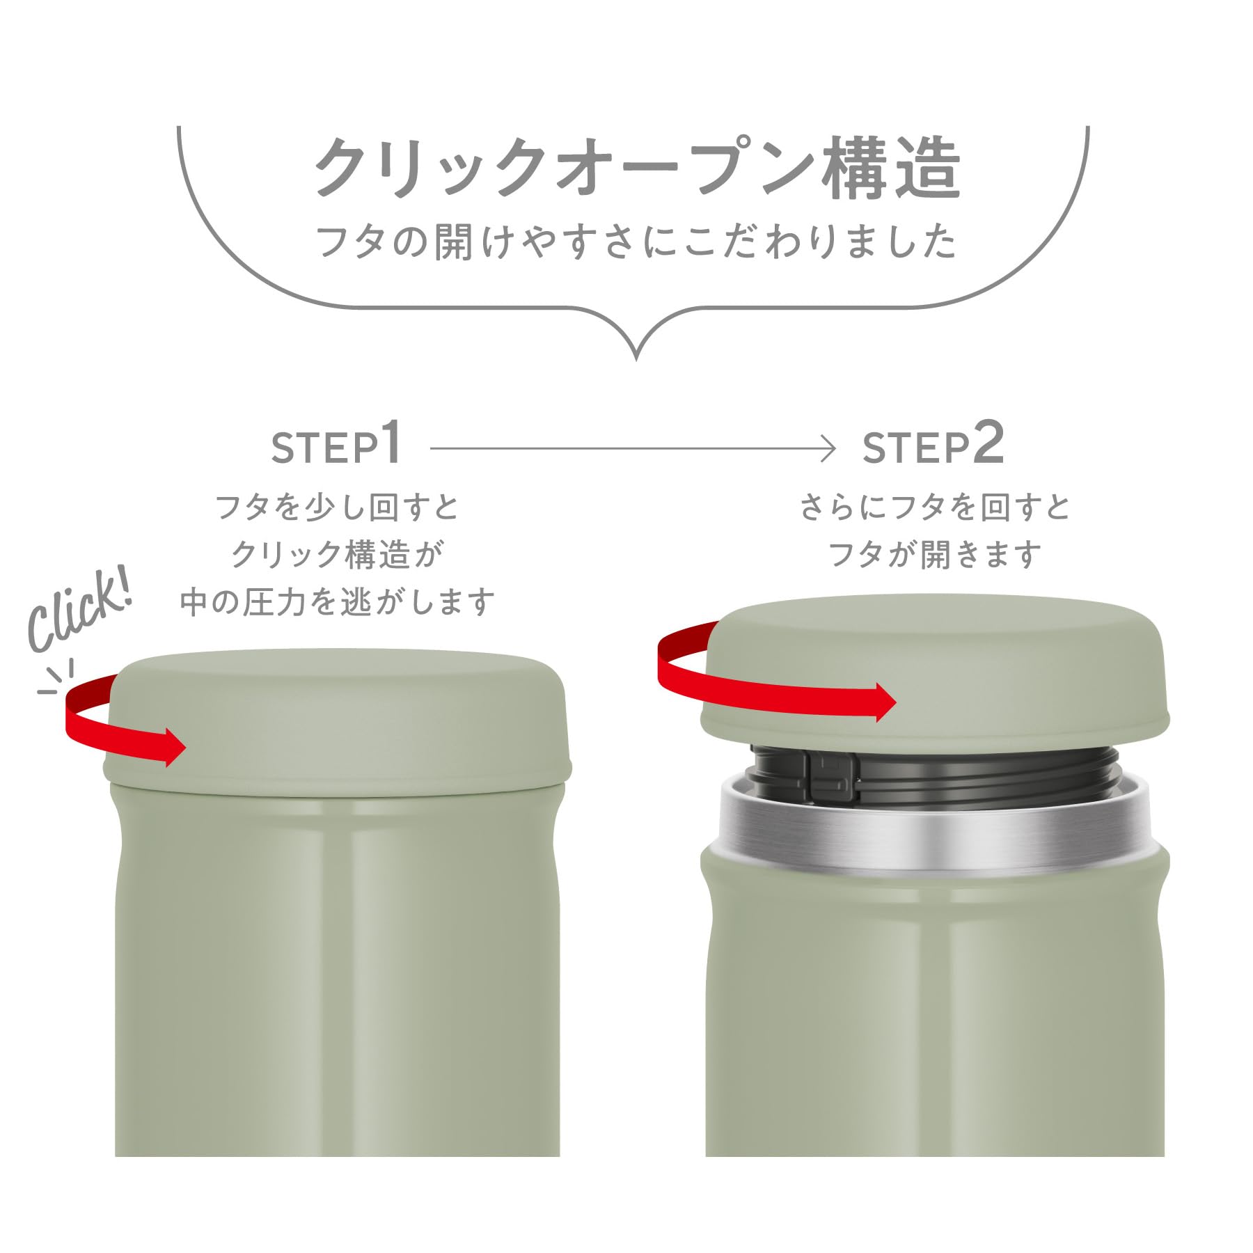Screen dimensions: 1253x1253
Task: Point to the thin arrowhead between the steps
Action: pyautogui.click(x=828, y=448)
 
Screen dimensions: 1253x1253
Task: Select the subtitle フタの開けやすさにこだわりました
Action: pyautogui.click(x=637, y=242)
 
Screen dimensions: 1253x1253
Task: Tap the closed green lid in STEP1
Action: pyautogui.click(x=338, y=720)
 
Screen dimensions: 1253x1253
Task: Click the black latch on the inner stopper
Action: pyautogui.click(x=832, y=773)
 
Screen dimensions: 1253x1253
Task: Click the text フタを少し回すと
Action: pyautogui.click(x=338, y=507)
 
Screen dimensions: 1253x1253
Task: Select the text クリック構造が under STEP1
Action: pyautogui.click(x=338, y=555)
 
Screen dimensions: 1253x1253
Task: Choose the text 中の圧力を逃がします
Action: pyautogui.click(x=338, y=602)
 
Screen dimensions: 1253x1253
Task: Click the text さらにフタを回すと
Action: pyautogui.click(x=934, y=507)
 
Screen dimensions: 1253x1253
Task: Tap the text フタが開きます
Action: pyautogui.click(x=934, y=555)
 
